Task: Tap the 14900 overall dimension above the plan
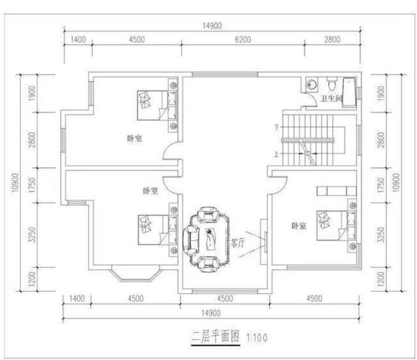pyautogui.click(x=212, y=25)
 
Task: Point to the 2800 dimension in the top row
pyautogui.click(x=332, y=39)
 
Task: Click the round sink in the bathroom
pyautogui.click(x=312, y=85)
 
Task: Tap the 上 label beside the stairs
pyautogui.click(x=278, y=155)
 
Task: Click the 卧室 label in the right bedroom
pyautogui.click(x=299, y=226)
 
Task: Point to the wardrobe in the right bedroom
pyautogui.click(x=335, y=191)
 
